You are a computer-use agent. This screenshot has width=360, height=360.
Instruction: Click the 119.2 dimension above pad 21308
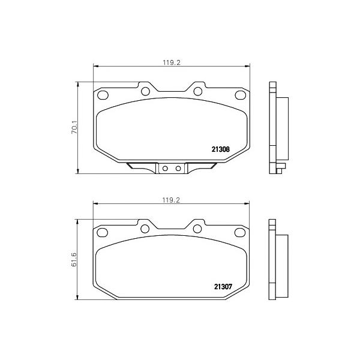click(172, 62)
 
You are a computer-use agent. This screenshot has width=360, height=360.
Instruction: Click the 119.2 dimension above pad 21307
click(171, 200)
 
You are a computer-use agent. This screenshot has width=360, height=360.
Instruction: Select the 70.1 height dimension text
click(74, 128)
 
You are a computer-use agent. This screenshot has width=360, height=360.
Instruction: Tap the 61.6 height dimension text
click(74, 260)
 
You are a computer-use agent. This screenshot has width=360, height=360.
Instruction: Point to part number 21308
click(220, 149)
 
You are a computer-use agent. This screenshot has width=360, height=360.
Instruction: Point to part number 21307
click(223, 287)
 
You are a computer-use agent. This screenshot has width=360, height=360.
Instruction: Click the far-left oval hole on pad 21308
click(103, 95)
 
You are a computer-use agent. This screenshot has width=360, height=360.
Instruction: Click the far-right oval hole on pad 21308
click(241, 95)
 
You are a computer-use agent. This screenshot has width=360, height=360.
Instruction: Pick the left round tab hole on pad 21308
click(145, 91)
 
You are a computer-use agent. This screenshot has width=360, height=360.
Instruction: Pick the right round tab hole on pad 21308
click(197, 91)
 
